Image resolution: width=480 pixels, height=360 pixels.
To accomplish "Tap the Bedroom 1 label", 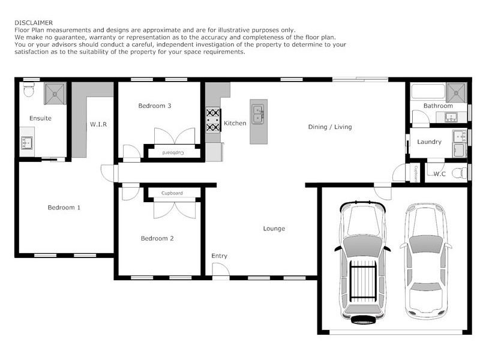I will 64,208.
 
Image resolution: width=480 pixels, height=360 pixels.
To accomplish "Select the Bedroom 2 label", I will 157,238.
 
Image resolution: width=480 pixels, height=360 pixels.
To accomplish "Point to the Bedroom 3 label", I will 155,106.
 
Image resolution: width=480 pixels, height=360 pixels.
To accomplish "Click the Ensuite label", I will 40,118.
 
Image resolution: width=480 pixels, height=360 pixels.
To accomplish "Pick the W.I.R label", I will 98,125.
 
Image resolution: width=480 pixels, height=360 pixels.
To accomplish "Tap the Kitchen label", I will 235,123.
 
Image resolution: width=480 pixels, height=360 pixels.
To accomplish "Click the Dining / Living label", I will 329,127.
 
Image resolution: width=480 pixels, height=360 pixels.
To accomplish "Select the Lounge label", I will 274,229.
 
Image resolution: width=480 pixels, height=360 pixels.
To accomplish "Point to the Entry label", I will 219,256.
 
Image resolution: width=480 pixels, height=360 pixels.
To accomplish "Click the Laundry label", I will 429,142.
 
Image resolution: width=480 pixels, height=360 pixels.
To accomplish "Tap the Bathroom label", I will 438,106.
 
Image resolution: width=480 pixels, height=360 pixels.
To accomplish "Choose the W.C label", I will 439,174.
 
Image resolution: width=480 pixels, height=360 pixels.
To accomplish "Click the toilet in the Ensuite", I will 28,91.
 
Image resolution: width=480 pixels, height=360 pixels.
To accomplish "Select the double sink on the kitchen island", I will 259,113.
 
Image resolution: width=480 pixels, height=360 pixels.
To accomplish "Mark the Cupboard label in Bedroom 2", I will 172,193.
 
